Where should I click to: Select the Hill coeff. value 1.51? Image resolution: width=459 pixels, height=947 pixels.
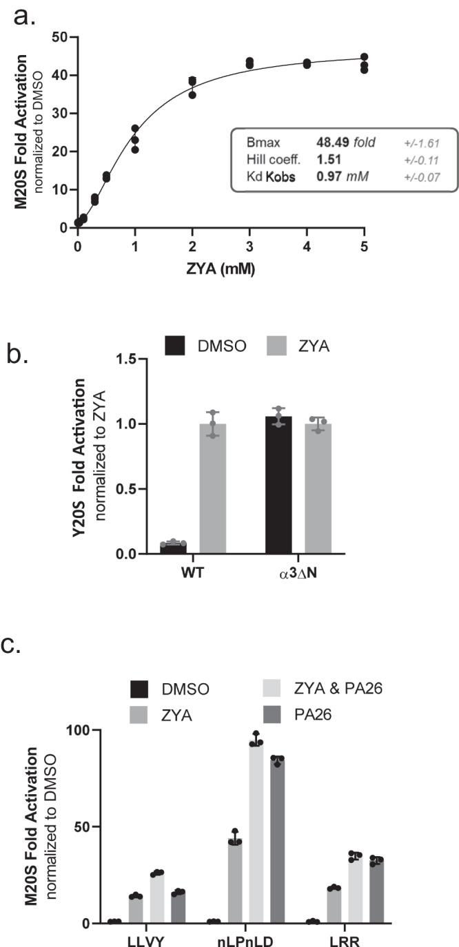[327, 160]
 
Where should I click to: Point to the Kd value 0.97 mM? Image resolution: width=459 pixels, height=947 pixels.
[338, 176]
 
